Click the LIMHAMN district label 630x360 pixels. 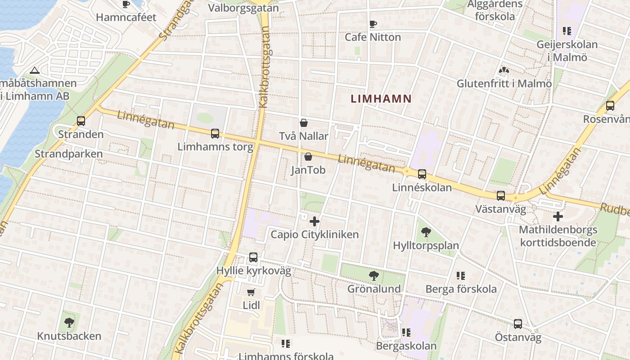click(381, 99)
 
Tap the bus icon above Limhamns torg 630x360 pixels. click(215, 134)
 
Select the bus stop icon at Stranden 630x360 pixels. click(81, 121)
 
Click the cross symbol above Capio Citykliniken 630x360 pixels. click(315, 221)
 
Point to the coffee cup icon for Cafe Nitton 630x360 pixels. click(373, 24)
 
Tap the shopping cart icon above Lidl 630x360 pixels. click(251, 292)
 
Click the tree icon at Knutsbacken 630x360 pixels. click(69, 322)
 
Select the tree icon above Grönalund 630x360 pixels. click(373, 275)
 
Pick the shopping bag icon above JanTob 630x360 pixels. click(308, 157)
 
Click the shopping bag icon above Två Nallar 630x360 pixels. click(304, 123)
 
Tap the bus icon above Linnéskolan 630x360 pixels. click(422, 174)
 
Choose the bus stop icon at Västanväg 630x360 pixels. click(500, 196)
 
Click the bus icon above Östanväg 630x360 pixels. click(518, 324)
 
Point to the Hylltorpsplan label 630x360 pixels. click(426, 246)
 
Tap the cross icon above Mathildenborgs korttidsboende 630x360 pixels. click(558, 216)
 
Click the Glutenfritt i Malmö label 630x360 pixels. click(504, 84)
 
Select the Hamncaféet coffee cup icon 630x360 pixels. click(126, 4)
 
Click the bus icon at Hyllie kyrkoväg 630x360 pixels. click(253, 257)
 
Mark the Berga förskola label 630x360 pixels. click(461, 289)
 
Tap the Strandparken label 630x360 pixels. click(69, 154)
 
